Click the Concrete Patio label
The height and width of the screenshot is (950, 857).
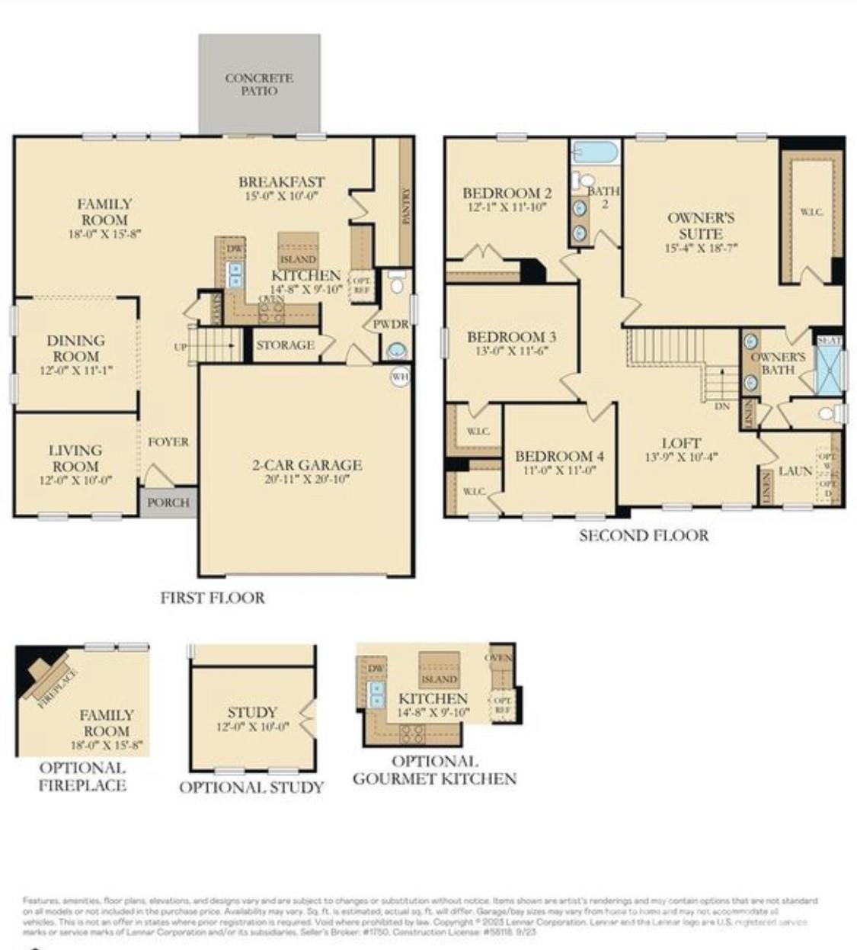coord(259,84)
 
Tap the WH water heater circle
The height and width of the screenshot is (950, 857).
coord(400,376)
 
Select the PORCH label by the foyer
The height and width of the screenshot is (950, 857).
coord(168,502)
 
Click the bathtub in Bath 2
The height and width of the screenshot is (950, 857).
coord(595,152)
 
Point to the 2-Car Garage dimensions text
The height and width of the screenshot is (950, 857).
coord(307,479)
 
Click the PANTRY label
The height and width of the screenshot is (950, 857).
coord(405,206)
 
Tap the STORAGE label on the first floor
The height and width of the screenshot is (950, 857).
coord(285,345)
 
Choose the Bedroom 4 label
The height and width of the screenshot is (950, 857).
coord(559,456)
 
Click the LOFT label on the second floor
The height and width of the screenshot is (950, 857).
coord(681,443)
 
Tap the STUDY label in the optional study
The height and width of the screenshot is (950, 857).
coord(252,712)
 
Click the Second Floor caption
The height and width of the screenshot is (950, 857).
coord(644,535)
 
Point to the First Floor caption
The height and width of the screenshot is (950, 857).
coord(213,598)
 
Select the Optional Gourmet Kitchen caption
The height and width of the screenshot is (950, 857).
coord(434,770)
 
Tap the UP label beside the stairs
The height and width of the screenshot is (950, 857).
coord(181,347)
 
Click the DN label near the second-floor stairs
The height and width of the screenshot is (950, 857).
coord(722,406)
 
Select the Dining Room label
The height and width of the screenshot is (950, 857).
coord(75,348)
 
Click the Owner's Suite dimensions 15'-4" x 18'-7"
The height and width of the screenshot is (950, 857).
coord(701,248)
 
